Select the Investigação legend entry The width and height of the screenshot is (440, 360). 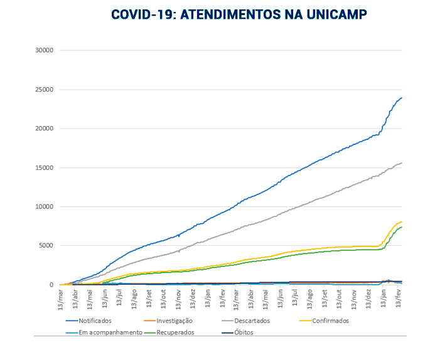174,320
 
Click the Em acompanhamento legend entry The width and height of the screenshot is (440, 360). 110,332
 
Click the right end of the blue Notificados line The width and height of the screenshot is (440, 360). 402,97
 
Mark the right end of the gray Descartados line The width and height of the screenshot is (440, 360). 402,163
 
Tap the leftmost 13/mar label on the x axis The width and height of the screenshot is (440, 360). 62,297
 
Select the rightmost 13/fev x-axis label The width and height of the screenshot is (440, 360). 397,297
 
